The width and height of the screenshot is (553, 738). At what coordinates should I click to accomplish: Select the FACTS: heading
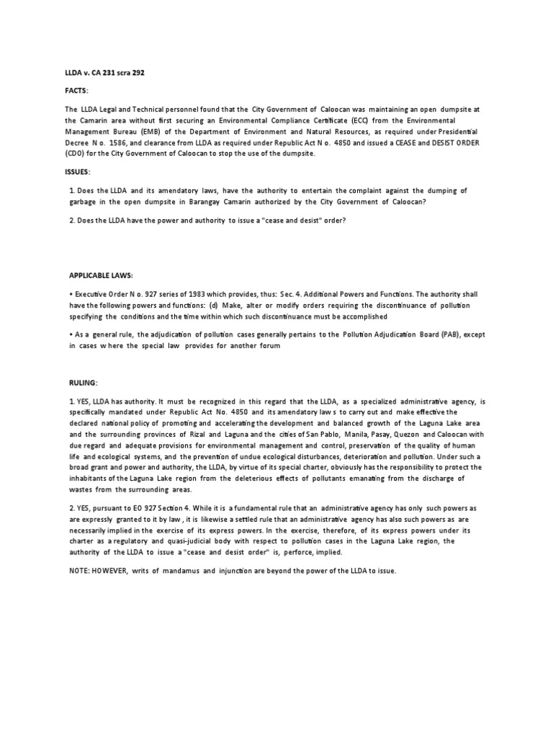78,92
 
